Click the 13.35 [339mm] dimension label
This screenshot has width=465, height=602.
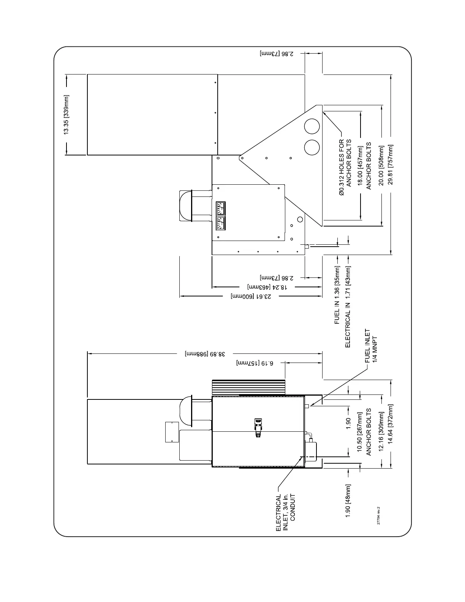66,114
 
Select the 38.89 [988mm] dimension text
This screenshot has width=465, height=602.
206,354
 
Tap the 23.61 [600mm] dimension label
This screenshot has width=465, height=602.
251,296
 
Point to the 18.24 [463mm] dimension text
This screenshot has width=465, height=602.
266,287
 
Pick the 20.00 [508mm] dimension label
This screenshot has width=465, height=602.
381,166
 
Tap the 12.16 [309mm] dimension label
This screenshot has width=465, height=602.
381,431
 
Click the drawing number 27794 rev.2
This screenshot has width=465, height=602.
378,515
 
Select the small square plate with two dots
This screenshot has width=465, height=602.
172,432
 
